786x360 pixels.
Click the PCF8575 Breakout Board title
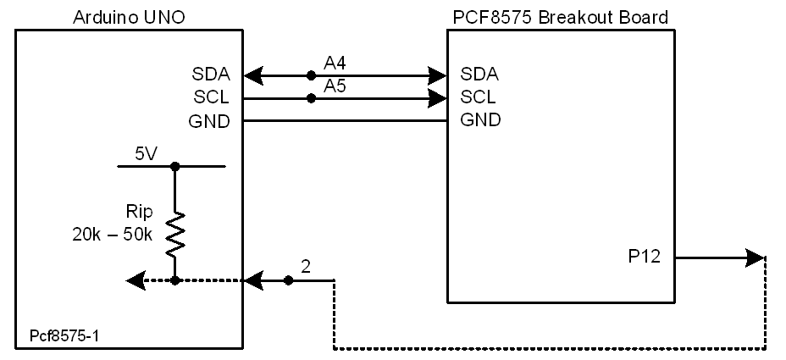[x=561, y=16]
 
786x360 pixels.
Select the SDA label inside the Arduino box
[x=210, y=75]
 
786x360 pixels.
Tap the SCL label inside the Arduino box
[x=210, y=97]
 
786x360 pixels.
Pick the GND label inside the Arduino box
[x=208, y=121]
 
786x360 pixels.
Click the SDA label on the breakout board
[x=479, y=73]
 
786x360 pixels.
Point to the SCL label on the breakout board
[x=479, y=97]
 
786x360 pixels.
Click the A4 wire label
[x=335, y=63]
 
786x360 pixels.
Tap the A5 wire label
[x=335, y=86]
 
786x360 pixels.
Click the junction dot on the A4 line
[x=312, y=75]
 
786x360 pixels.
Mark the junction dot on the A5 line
[x=312, y=98]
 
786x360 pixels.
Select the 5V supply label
[x=146, y=154]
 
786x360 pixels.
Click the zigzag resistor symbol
[x=174, y=234]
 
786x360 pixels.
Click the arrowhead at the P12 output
[x=756, y=257]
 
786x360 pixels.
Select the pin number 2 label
[x=306, y=266]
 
